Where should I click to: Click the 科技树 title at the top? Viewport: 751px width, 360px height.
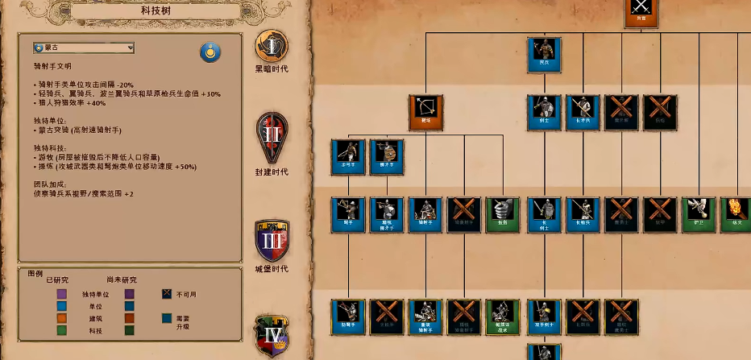154,10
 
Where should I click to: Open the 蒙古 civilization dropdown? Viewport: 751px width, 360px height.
84,48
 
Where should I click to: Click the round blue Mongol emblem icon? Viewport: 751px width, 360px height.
210,53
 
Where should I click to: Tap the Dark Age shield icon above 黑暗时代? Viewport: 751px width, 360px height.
272,46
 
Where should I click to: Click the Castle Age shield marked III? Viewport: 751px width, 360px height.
272,240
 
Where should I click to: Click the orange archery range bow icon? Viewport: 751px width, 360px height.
425,113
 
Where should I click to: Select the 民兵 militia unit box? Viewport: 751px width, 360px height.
544,55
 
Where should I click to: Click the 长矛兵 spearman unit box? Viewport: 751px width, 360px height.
583,113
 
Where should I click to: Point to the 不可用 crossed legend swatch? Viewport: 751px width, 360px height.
167,294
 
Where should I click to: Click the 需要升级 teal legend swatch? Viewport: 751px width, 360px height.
167,318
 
